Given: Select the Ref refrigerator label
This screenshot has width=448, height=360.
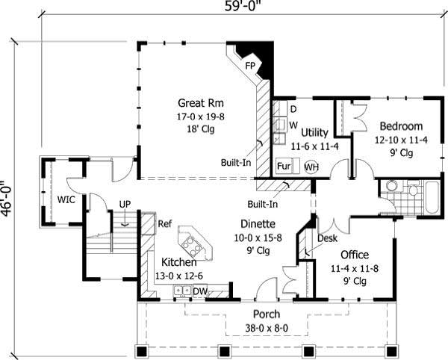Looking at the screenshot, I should tap(165, 223).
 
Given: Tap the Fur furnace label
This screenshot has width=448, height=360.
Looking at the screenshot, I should tap(284, 165).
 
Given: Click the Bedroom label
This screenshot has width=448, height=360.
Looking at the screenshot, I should tap(401, 125).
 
